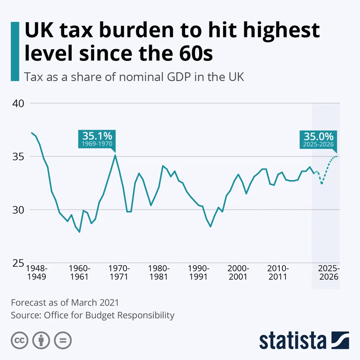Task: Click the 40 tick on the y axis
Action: click(x=18, y=104)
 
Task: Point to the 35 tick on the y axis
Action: click(x=18, y=157)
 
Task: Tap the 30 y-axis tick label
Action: click(x=18, y=210)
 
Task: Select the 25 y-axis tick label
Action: click(x=18, y=263)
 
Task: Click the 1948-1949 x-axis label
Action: click(x=37, y=272)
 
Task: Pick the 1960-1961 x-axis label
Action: click(x=79, y=272)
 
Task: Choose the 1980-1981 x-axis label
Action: click(x=159, y=272)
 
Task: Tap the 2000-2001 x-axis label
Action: click(x=238, y=272)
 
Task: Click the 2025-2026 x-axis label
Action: click(x=329, y=272)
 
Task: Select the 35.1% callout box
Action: click(x=97, y=139)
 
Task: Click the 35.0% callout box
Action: click(x=318, y=140)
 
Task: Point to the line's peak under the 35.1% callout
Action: click(x=115, y=155)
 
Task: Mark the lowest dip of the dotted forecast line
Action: click(x=322, y=184)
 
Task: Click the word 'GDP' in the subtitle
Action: click(x=179, y=77)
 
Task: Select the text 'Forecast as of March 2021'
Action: click(x=65, y=303)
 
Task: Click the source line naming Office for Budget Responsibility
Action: click(x=92, y=315)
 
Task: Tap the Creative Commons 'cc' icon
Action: click(x=20, y=340)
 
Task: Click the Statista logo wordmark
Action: click(x=292, y=340)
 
